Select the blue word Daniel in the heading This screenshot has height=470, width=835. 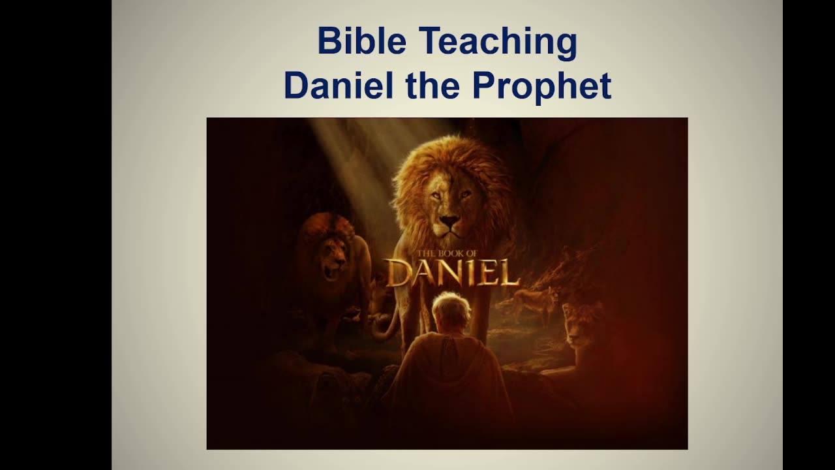[x=338, y=86]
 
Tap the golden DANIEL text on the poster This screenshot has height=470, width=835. [x=452, y=273]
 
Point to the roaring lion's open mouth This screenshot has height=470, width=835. [x=331, y=270]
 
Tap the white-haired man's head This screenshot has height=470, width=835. [x=451, y=311]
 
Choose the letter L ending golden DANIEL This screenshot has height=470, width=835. [x=509, y=274]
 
